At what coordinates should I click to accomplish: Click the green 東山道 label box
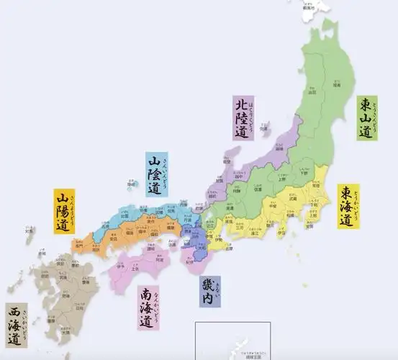tap(366, 118)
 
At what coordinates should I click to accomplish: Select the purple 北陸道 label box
tap(243, 118)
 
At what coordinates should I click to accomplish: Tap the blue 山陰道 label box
tap(153, 174)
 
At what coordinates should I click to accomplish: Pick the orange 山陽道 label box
tap(63, 211)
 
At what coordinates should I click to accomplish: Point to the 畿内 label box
tap(210, 291)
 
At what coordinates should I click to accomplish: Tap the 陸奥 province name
tap(335, 85)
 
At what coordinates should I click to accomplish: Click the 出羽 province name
tap(312, 93)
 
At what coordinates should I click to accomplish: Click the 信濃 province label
tap(257, 190)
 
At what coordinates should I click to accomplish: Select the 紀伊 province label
tap(189, 262)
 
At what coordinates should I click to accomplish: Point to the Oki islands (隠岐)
tap(131, 184)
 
